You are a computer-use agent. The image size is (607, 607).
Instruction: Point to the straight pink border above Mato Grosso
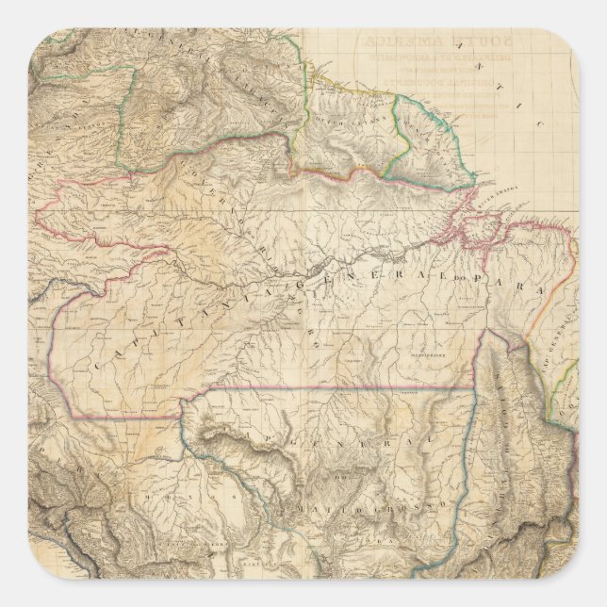[x=330, y=387]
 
